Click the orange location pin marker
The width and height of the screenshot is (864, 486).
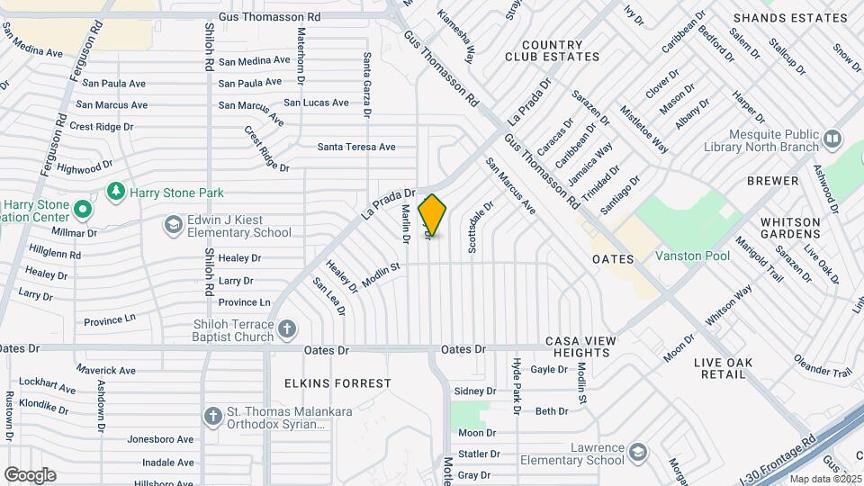point(432,215)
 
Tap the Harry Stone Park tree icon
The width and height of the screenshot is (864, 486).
point(115,192)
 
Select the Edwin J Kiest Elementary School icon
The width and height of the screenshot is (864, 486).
point(172,223)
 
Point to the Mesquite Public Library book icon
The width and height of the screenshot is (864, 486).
point(832,139)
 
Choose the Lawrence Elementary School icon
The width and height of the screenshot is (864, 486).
point(638,451)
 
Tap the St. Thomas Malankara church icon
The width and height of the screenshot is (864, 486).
point(212,416)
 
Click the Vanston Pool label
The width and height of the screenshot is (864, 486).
point(692,256)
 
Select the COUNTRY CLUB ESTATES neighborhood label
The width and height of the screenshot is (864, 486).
point(552,50)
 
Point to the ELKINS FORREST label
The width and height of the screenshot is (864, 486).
point(337,383)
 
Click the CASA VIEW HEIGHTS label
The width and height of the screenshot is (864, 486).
point(581,346)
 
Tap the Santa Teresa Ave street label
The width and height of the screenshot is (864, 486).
point(356,147)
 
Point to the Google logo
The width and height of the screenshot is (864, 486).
point(30,474)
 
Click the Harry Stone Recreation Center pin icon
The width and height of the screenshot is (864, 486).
point(83,210)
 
